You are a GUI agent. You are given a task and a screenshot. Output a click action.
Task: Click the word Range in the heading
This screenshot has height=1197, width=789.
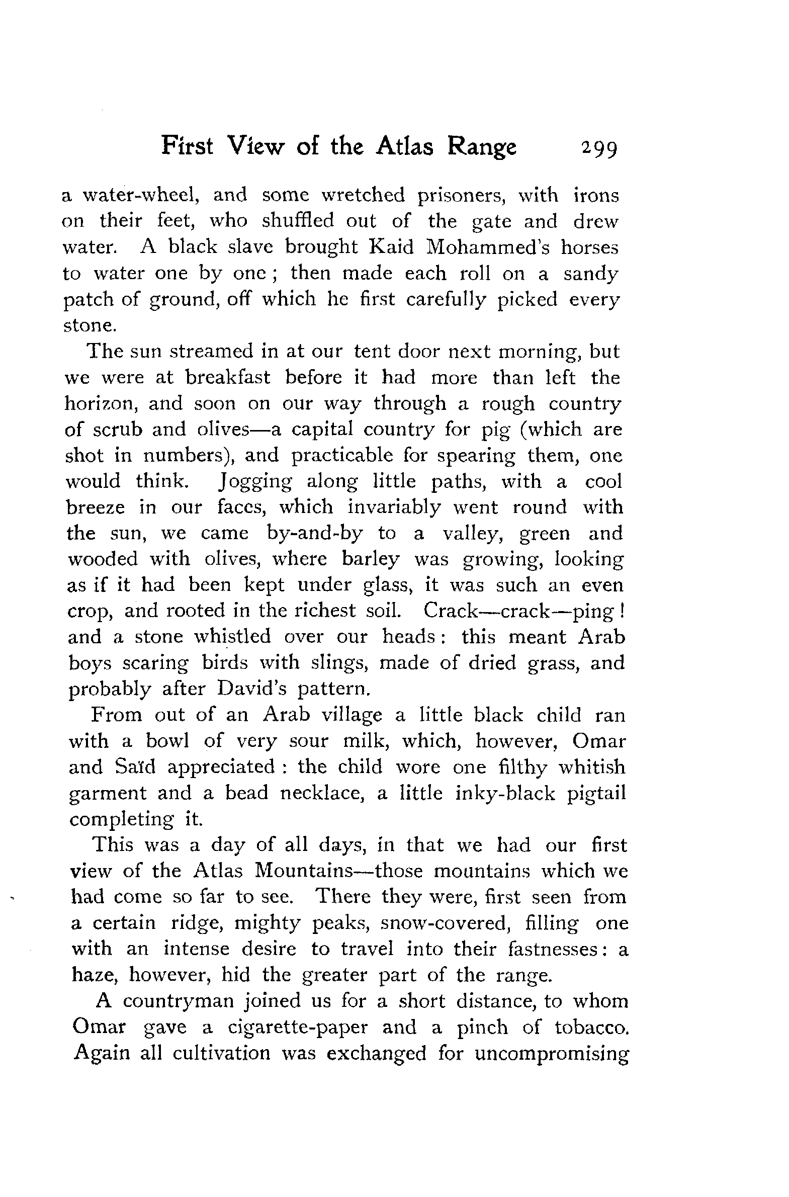tap(482, 147)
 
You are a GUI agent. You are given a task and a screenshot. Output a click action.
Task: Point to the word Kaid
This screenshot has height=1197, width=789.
tap(391, 246)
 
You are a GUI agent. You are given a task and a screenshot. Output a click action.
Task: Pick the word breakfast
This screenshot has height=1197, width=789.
tap(227, 377)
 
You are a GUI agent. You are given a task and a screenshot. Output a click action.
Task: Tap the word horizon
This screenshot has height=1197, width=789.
tap(100, 403)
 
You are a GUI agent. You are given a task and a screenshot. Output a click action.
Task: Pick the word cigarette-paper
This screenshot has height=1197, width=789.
tap(297, 1027)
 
